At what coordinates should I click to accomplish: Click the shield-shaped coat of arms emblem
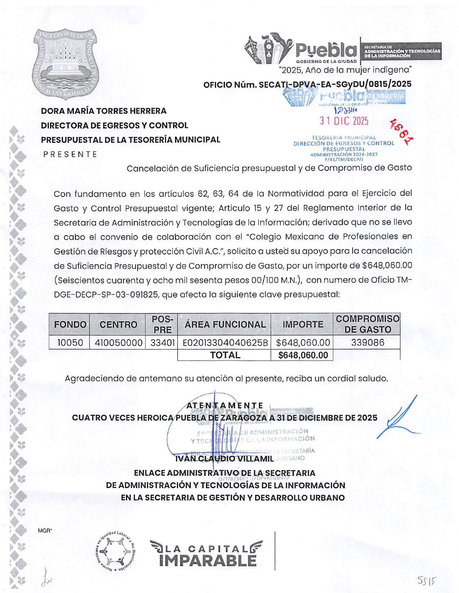tap(65, 64)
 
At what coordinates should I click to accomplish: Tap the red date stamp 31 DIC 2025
tap(344, 121)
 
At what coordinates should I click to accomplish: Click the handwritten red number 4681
tap(401, 131)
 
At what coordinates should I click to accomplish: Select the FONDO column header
tap(70, 324)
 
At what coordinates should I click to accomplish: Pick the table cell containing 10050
tap(70, 343)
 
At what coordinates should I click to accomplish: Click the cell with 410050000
tap(118, 343)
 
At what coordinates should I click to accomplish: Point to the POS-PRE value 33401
tap(162, 343)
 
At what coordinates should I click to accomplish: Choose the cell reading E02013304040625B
tap(225, 343)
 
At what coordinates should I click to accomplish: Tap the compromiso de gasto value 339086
tap(367, 343)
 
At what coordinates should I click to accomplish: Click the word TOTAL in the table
tap(225, 355)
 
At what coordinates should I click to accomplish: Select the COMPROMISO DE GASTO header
tap(367, 324)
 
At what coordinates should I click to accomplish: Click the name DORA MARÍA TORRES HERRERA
tap(104, 111)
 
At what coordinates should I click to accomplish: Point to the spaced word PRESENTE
tap(70, 155)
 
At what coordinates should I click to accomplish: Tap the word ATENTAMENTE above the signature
tap(225, 406)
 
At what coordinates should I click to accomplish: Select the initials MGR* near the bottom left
tap(45, 531)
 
